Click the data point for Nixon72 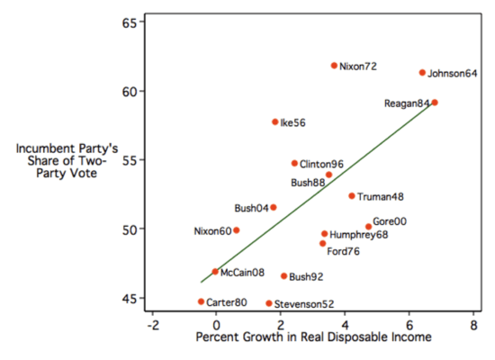(x=334, y=66)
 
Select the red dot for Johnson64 (x=422, y=73)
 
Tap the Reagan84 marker (x=435, y=103)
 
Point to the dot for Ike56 (x=275, y=121)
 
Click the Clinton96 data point (x=294, y=163)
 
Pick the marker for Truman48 (x=352, y=195)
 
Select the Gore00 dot (x=368, y=227)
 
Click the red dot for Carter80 (x=202, y=301)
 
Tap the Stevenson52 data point (x=268, y=303)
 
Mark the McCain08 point (x=215, y=272)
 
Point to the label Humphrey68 (x=359, y=234)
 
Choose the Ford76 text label (x=343, y=251)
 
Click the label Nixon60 (x=211, y=231)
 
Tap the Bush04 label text (x=249, y=208)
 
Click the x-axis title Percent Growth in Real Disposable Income (x=312, y=337)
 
